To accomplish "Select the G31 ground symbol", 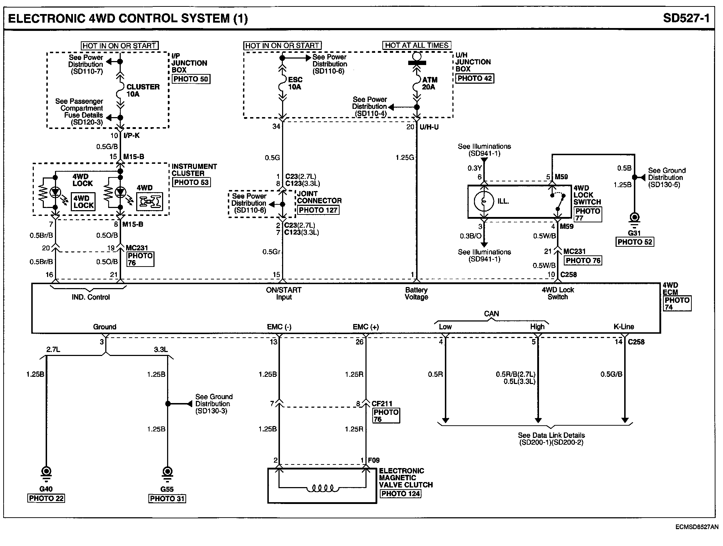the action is [635, 219].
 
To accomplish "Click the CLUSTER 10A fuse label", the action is [143, 91].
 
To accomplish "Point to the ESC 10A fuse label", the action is [295, 83].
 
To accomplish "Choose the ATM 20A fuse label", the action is [429, 83].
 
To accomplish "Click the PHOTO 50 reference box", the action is [191, 79].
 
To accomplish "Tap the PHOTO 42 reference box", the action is [475, 78].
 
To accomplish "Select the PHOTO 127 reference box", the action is [318, 210].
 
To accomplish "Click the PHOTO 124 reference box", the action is [401, 494].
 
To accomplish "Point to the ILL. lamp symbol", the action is [484, 201].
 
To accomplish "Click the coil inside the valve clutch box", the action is [322, 489].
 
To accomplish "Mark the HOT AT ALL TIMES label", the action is [417, 45].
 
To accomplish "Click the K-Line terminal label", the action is [624, 327].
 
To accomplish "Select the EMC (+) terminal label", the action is [366, 327].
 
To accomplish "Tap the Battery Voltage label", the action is [416, 293].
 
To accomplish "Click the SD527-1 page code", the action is [686, 18].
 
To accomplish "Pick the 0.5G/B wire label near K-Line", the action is [611, 374].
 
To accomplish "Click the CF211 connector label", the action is [382, 404].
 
